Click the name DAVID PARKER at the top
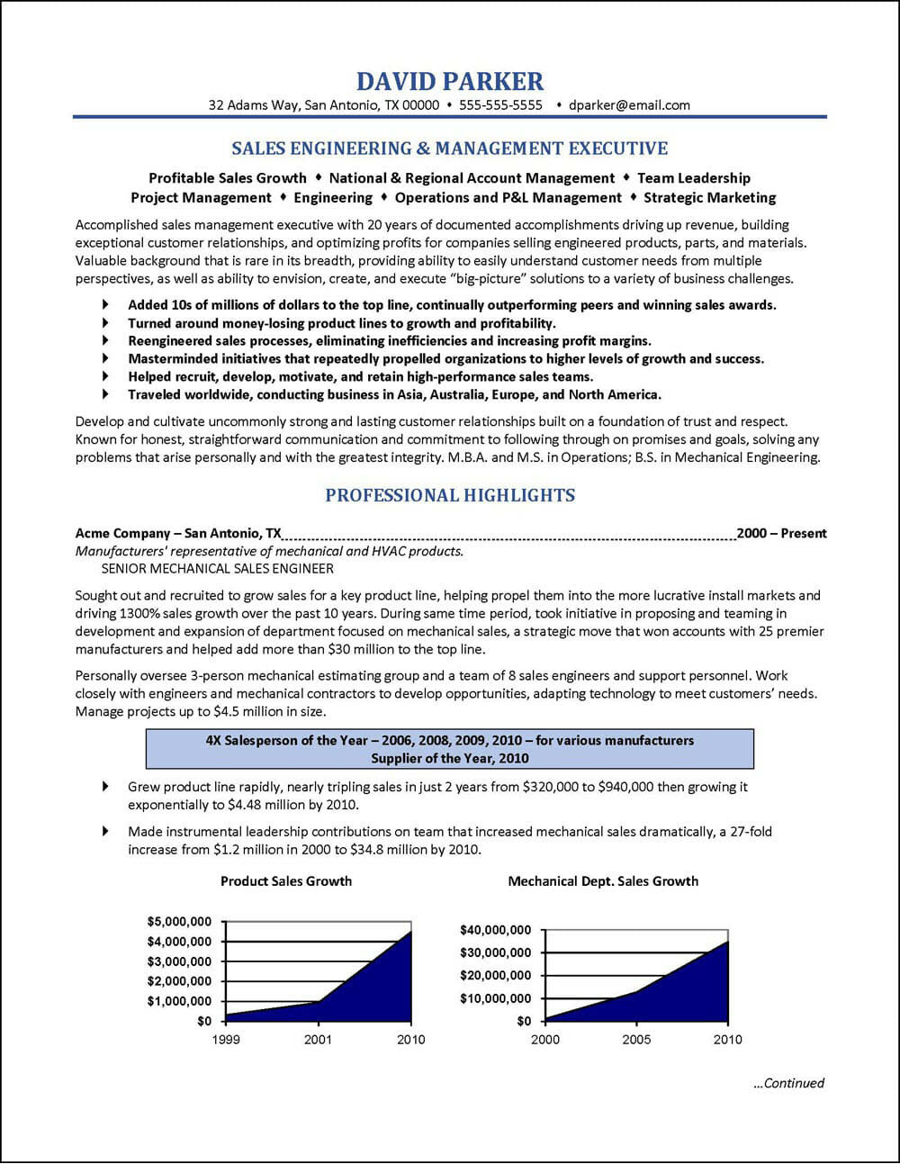coord(450,81)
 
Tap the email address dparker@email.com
coord(629,105)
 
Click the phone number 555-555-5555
coord(500,105)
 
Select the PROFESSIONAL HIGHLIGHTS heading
coord(450,495)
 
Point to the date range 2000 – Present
coord(781,533)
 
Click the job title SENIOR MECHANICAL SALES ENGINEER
coord(218,569)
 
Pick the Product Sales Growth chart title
coord(286,880)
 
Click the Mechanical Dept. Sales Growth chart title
coord(603,880)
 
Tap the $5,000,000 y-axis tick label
coord(179,922)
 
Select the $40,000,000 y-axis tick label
coord(495,929)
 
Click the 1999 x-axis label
coord(225,1040)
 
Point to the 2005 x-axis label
coord(636,1040)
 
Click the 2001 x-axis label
coord(318,1040)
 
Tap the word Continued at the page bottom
coord(793,1083)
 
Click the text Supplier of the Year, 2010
coord(450,759)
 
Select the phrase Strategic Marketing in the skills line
coord(710,197)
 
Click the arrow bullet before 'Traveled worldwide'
coord(107,394)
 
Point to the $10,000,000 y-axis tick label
coord(495,998)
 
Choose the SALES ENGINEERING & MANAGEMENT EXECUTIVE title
coord(450,149)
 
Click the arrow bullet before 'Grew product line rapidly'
coord(107,787)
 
